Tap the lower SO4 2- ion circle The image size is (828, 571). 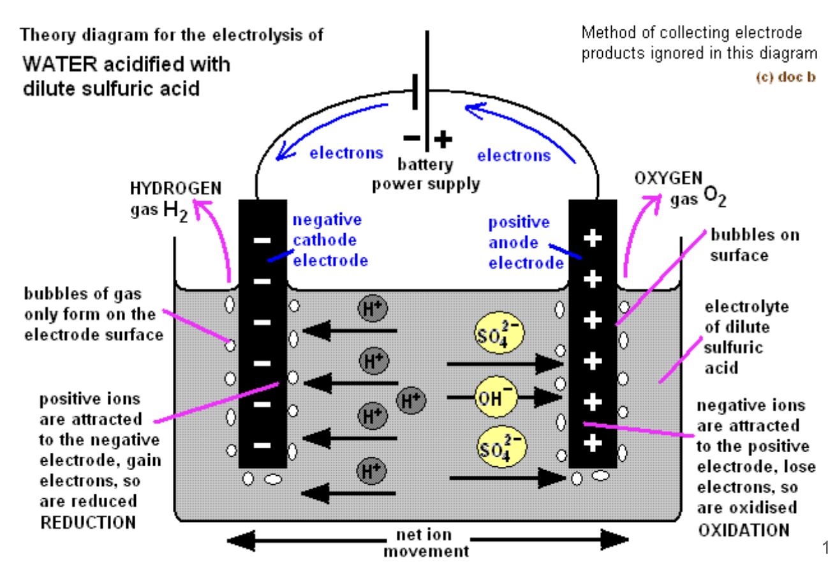pos(501,446)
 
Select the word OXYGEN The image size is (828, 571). pos(668,179)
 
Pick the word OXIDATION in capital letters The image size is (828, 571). pos(743,529)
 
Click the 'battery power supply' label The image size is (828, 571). pos(425,174)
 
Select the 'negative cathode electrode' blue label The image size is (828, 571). pos(330,240)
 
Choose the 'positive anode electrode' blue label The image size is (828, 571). pos(525,243)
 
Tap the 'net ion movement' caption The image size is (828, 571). pos(425,543)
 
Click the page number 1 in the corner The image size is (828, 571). pos(823,547)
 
